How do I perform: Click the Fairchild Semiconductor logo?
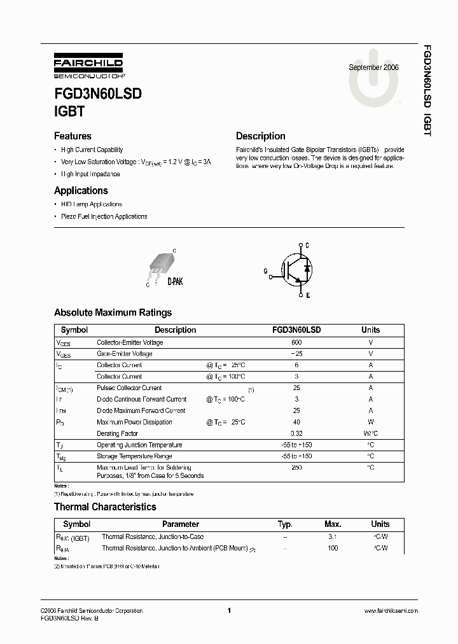pos(88,66)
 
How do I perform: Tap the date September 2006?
pos(374,67)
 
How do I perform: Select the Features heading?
pos(73,136)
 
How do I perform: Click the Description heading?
pos(260,136)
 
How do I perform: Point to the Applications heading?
pos(81,191)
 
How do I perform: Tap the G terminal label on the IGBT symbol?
pos(266,270)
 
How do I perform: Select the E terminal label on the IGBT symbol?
pos(307,296)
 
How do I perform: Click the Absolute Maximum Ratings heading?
pos(113,312)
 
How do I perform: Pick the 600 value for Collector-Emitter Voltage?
pos(296,342)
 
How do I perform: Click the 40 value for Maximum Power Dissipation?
pos(296,422)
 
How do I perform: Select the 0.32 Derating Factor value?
pos(296,433)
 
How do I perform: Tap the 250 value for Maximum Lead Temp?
pos(296,468)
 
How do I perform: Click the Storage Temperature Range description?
pos(134,456)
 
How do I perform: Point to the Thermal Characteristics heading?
pos(105,507)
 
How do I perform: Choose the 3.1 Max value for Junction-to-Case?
pos(333,536)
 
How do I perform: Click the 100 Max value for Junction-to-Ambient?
pos(333,547)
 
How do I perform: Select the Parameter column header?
pos(180,524)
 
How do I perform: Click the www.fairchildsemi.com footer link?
pos(391,610)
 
